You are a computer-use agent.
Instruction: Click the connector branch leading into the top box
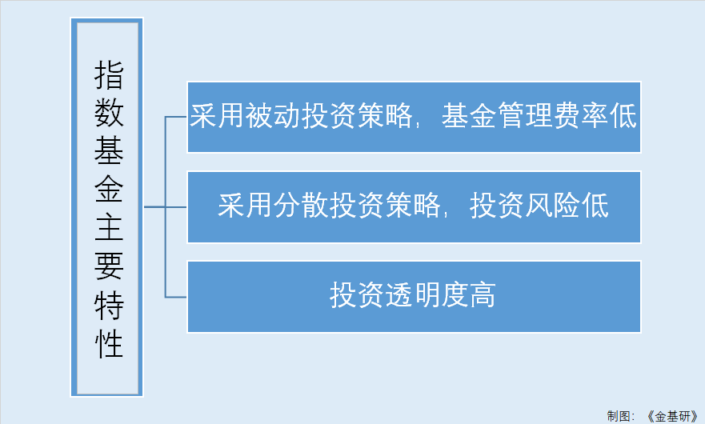point(176,117)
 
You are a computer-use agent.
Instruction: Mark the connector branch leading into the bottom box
point(176,297)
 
